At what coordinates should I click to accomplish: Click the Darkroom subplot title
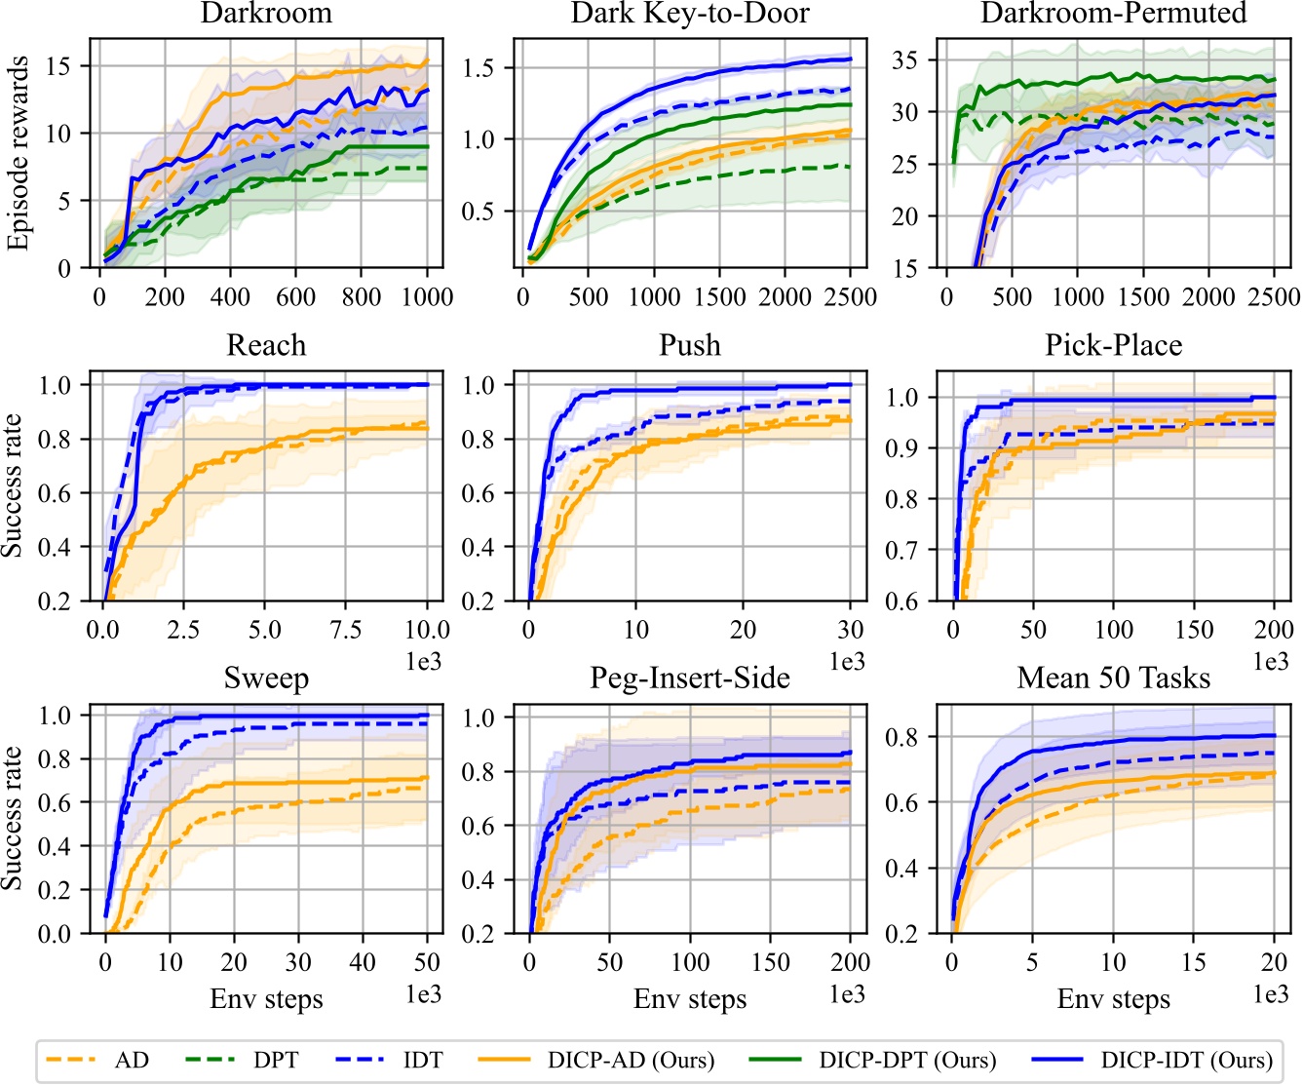click(266, 14)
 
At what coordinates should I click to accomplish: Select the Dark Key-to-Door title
click(690, 14)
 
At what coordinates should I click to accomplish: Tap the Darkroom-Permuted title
click(1113, 14)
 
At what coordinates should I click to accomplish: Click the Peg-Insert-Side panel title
click(690, 679)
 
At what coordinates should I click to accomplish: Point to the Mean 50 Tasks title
click(1113, 679)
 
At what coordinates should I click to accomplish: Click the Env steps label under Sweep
click(266, 999)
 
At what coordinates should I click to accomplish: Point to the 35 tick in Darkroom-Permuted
click(906, 60)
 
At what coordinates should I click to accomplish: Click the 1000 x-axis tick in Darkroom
click(427, 297)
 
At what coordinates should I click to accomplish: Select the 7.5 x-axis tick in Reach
click(346, 630)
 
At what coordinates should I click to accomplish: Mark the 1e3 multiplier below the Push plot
click(847, 662)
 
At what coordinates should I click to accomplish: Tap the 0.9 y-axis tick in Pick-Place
click(904, 448)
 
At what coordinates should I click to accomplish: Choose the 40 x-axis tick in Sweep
click(363, 963)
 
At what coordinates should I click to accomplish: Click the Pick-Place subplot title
click(1113, 346)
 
